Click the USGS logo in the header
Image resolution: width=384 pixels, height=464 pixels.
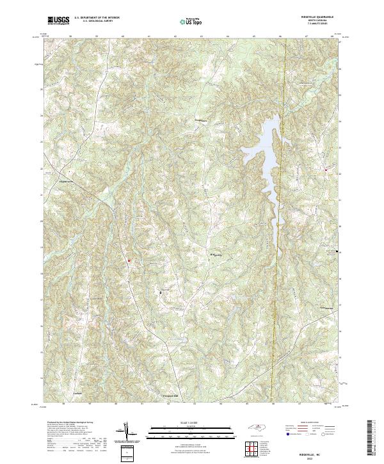coord(58,20)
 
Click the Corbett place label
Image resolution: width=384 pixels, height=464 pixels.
coord(79,393)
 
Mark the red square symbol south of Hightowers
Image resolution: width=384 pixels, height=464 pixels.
coord(128,260)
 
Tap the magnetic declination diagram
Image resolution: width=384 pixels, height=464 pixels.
coord(127,432)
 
